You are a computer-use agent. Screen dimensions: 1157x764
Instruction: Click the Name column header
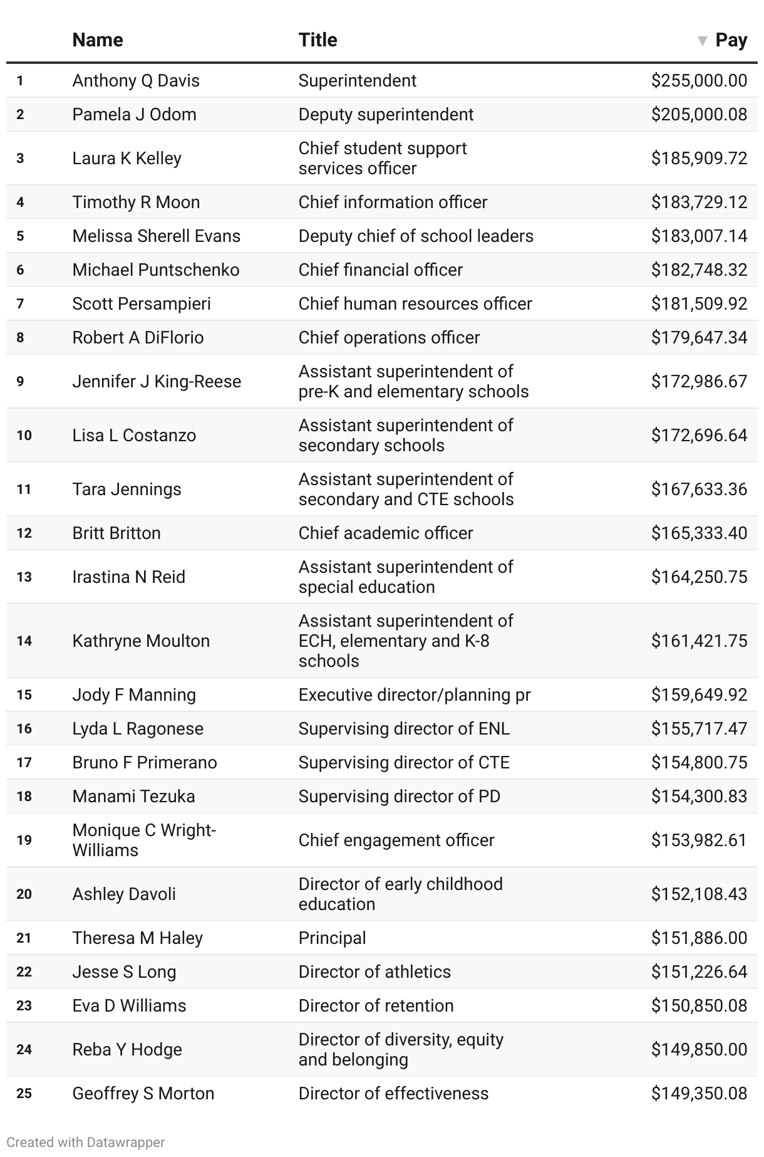tap(98, 40)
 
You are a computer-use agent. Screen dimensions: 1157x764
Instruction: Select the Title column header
tap(317, 40)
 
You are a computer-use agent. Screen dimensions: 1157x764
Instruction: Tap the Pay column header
tap(731, 40)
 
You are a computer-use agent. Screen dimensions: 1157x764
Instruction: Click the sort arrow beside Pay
tap(703, 41)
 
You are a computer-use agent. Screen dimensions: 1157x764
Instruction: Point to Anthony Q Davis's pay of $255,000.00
tap(699, 81)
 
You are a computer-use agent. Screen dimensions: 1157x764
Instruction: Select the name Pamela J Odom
tap(134, 115)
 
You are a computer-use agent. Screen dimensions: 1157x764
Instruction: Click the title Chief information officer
tap(393, 202)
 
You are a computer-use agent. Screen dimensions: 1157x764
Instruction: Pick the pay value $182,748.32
tap(699, 270)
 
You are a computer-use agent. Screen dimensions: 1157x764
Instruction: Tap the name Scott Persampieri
tap(142, 304)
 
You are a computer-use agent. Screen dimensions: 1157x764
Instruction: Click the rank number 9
tap(21, 382)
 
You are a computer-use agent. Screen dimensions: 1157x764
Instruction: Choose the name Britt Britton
tap(116, 533)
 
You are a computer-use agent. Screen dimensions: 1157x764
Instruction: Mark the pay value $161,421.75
tap(699, 641)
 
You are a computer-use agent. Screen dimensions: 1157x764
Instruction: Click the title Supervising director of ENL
tap(404, 729)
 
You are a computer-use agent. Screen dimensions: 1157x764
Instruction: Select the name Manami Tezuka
tap(133, 797)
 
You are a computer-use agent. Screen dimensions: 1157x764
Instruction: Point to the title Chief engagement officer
tap(396, 840)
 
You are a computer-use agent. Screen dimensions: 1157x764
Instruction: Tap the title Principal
tap(332, 938)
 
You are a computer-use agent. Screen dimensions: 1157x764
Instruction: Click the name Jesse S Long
tap(124, 972)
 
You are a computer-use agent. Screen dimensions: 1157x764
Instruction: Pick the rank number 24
tap(24, 1050)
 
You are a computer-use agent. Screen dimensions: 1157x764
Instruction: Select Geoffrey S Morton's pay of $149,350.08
tap(699, 1094)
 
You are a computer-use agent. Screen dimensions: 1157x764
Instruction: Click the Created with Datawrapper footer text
tap(86, 1143)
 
